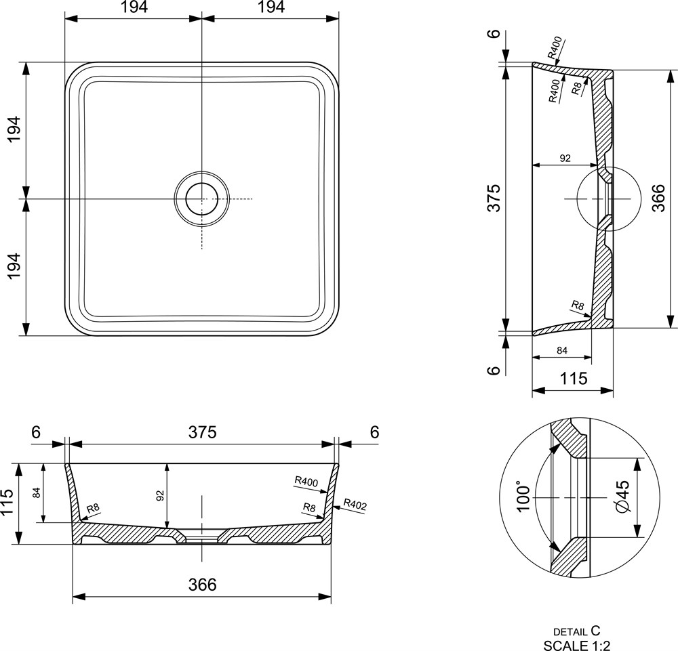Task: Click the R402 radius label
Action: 355,505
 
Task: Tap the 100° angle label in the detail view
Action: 523,498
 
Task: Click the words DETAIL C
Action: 577,631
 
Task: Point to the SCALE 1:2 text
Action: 577,645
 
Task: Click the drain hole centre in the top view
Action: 201,198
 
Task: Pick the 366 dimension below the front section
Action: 202,585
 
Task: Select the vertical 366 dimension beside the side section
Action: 658,197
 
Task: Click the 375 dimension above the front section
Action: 202,432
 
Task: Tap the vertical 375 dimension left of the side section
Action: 494,198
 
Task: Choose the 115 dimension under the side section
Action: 574,379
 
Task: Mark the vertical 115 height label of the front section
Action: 7,503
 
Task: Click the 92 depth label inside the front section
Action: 160,495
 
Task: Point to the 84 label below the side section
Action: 561,350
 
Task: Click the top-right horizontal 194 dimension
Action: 271,7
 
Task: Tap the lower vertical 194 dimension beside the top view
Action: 14,266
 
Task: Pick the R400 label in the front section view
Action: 306,481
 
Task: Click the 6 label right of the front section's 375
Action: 374,432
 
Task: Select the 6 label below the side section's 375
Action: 494,371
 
